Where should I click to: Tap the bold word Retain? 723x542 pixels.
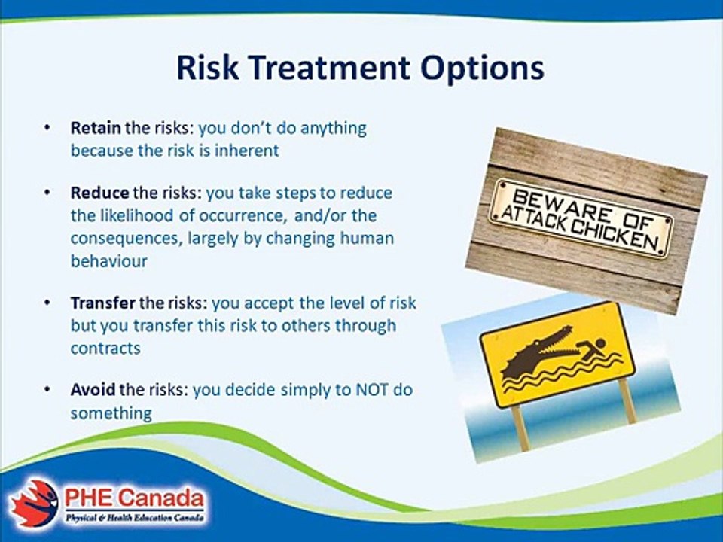click(96, 128)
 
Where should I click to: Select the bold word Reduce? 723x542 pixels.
click(99, 193)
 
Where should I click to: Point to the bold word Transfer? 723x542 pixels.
click(103, 303)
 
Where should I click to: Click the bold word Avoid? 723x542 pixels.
click(93, 390)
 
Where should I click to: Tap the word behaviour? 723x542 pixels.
click(109, 261)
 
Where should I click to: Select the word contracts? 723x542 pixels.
click(105, 348)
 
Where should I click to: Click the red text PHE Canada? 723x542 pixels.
click(134, 498)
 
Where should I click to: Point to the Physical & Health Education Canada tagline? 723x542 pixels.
click(134, 518)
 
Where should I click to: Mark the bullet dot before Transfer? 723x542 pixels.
click(47, 303)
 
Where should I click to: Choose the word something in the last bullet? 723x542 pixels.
click(111, 413)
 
